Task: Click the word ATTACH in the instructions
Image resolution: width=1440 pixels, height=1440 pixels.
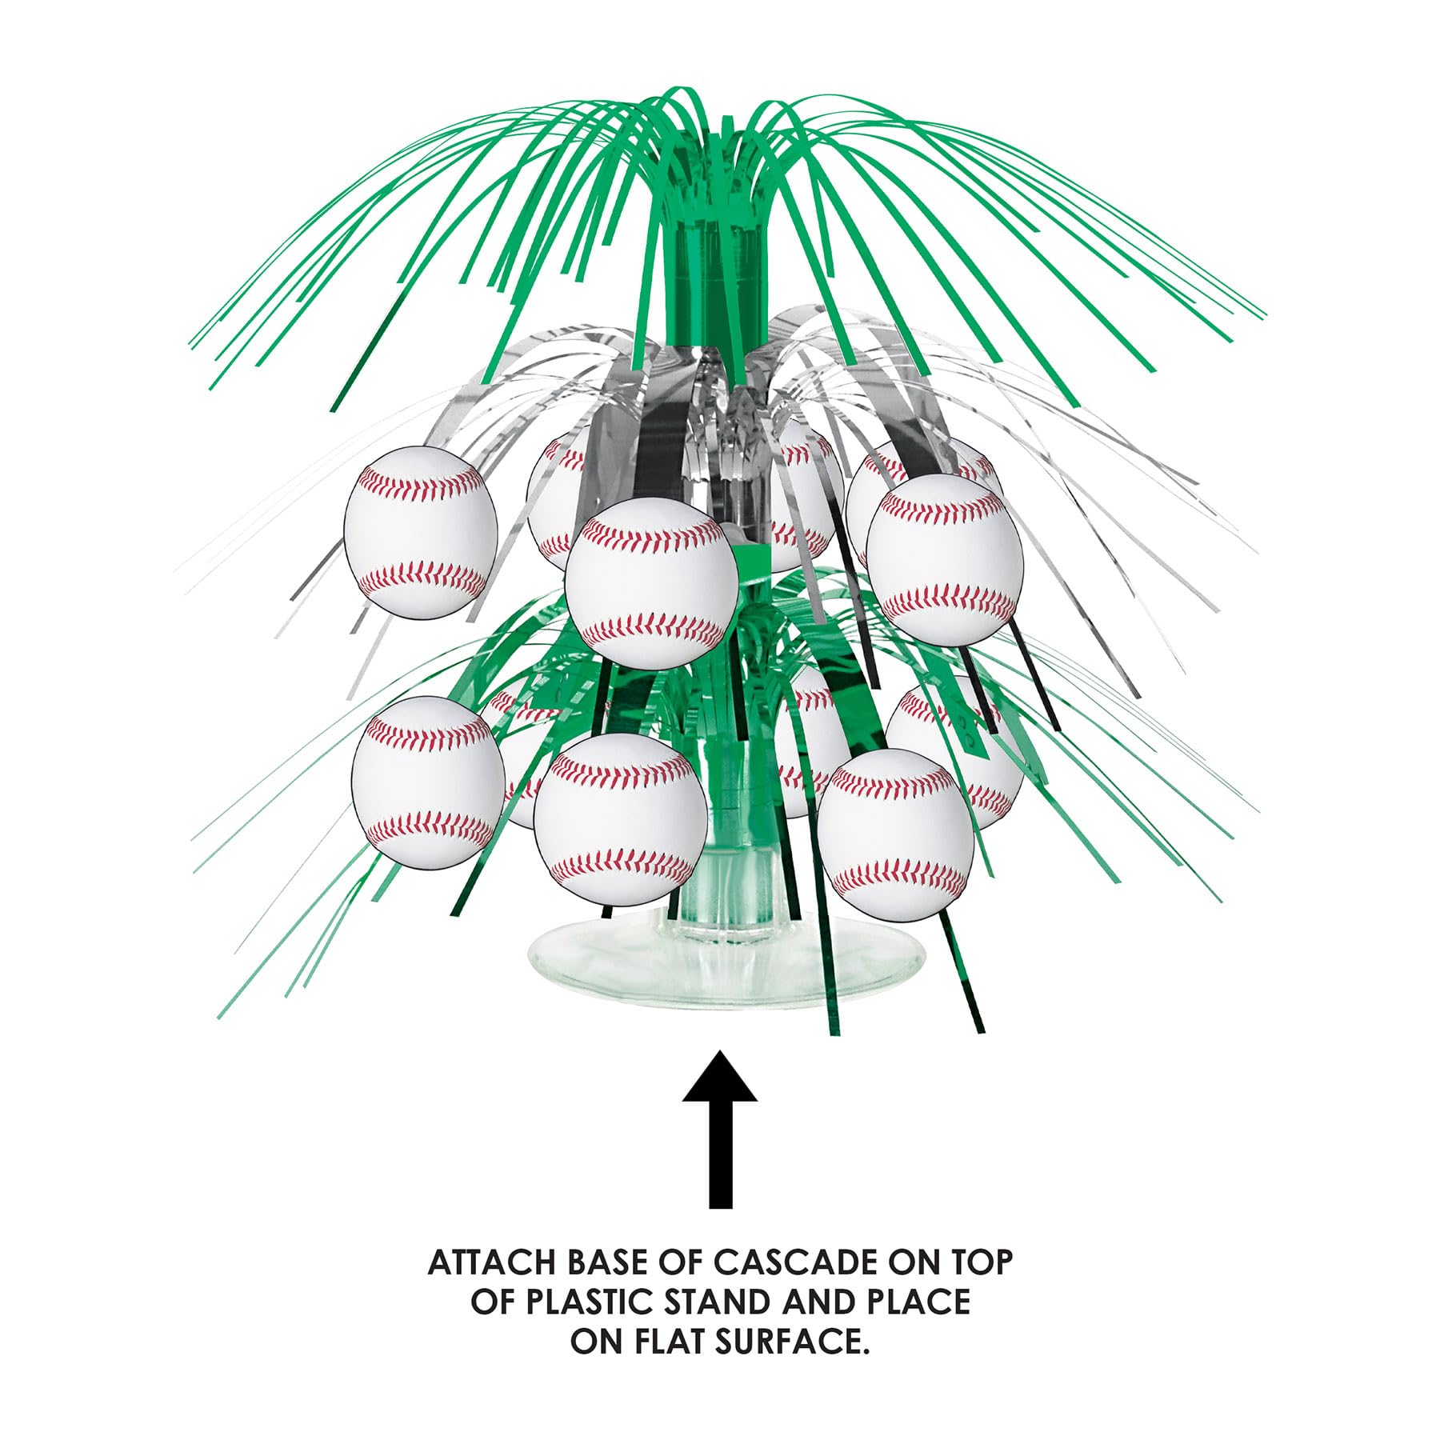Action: (492, 1262)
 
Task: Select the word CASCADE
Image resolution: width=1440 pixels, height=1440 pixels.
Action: (804, 1262)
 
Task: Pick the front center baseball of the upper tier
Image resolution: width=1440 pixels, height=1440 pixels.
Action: (651, 582)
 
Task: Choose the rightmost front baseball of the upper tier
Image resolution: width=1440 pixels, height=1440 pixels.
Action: (944, 558)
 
